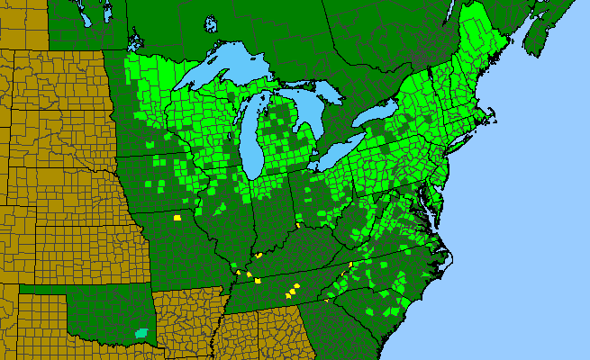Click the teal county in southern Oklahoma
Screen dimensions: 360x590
coord(141,332)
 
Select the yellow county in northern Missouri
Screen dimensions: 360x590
coord(177,217)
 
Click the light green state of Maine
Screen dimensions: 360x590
coord(486,54)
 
